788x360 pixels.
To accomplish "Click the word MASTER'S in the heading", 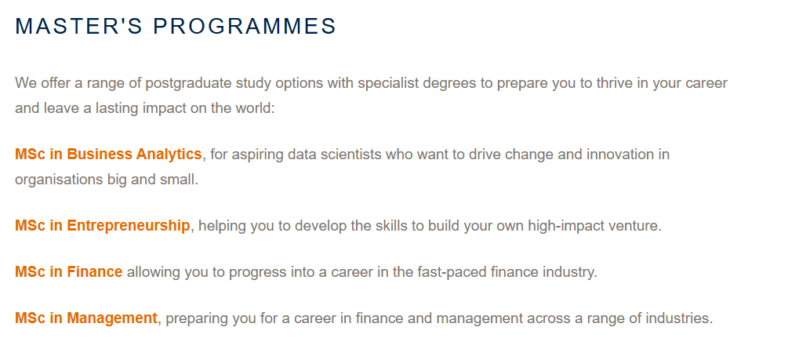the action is pyautogui.click(x=79, y=26).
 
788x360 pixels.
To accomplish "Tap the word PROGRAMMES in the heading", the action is pyautogui.click(x=245, y=26).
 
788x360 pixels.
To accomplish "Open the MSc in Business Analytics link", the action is pyautogui.click(x=108, y=154).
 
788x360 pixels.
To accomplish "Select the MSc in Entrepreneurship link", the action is pyautogui.click(x=103, y=226).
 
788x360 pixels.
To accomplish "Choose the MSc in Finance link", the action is pyautogui.click(x=69, y=272).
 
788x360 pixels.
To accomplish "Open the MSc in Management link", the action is pyautogui.click(x=86, y=318).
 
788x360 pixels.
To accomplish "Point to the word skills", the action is pyautogui.click(x=391, y=226).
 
